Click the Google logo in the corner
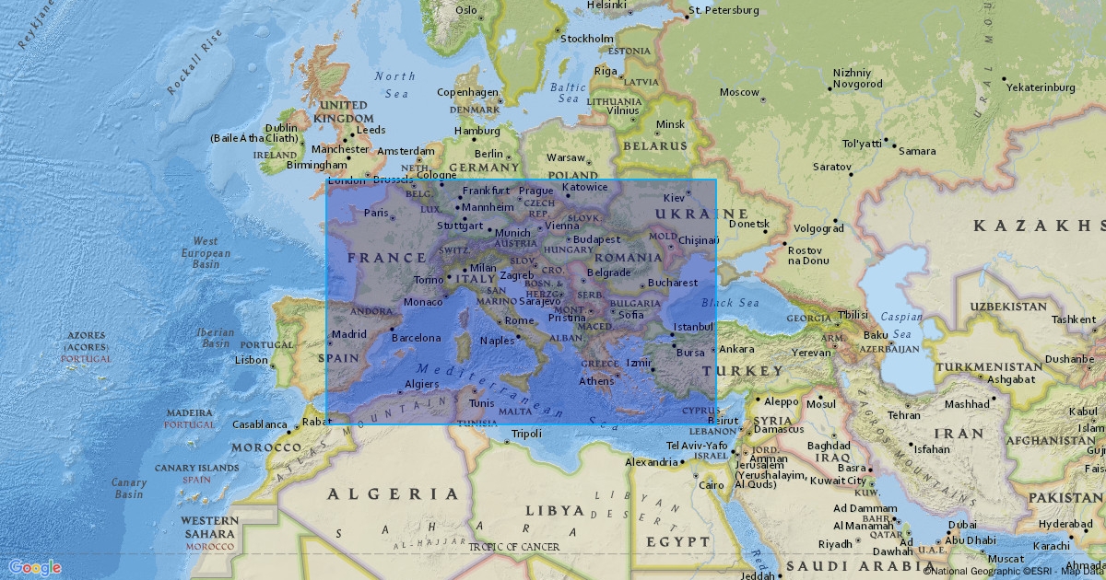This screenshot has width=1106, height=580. point(35,567)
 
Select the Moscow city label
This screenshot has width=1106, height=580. point(739,92)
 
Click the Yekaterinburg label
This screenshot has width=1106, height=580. point(1041,87)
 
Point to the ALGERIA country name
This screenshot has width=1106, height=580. point(393,494)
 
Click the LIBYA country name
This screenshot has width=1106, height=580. point(555,510)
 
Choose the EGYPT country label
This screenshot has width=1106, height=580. point(677,542)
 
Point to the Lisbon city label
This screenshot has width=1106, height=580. point(252,360)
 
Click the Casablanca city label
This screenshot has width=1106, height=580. point(259,424)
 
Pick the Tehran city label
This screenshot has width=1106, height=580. point(904,415)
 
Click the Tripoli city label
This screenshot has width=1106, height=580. point(526,434)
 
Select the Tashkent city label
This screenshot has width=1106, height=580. point(1074,319)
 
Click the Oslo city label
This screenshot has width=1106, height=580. point(466,10)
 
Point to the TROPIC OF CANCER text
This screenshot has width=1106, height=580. point(513,547)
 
